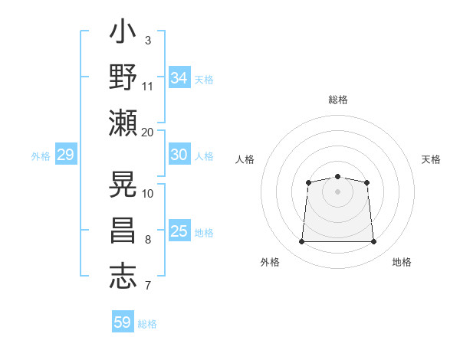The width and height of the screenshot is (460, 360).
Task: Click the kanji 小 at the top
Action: tap(123, 31)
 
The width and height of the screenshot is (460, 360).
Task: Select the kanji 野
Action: tap(123, 77)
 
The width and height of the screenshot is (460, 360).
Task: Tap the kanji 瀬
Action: tap(123, 123)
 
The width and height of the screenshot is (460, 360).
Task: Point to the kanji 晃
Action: tap(123, 184)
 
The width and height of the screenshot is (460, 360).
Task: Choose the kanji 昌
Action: tap(123, 231)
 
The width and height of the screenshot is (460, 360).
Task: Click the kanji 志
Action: tap(123, 277)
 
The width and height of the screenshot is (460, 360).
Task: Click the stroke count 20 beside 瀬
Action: tap(147, 133)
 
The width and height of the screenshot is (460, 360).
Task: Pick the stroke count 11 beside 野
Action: tap(147, 87)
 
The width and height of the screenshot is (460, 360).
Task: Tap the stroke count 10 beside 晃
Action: tap(147, 194)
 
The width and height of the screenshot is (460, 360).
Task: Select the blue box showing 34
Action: tap(179, 77)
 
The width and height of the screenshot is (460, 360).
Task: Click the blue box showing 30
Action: tap(179, 154)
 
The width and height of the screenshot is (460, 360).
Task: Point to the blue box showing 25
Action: tap(179, 230)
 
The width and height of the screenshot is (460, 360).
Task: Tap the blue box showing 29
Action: tap(66, 154)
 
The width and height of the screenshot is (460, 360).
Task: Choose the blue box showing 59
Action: tap(123, 321)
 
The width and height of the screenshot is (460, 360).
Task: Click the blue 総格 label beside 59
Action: tap(147, 324)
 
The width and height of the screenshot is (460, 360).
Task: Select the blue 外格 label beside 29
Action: tap(41, 156)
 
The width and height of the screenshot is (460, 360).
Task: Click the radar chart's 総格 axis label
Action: tap(338, 100)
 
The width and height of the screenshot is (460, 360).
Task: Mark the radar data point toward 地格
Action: tap(373, 241)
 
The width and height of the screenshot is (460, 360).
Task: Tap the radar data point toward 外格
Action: tap(301, 241)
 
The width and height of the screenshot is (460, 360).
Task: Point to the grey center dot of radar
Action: tap(337, 191)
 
